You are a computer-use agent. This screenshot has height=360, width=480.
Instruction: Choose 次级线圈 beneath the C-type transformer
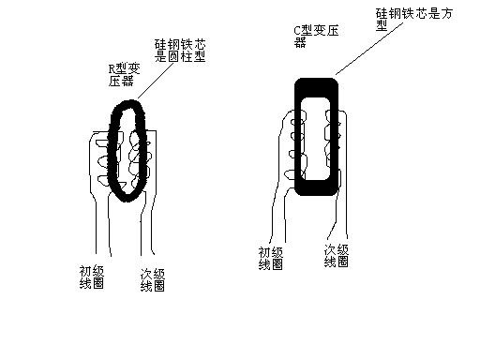click(x=337, y=256)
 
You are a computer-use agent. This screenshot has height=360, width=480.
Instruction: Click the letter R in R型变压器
click(x=112, y=68)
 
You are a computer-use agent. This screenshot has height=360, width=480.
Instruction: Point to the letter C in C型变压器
click(x=296, y=32)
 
